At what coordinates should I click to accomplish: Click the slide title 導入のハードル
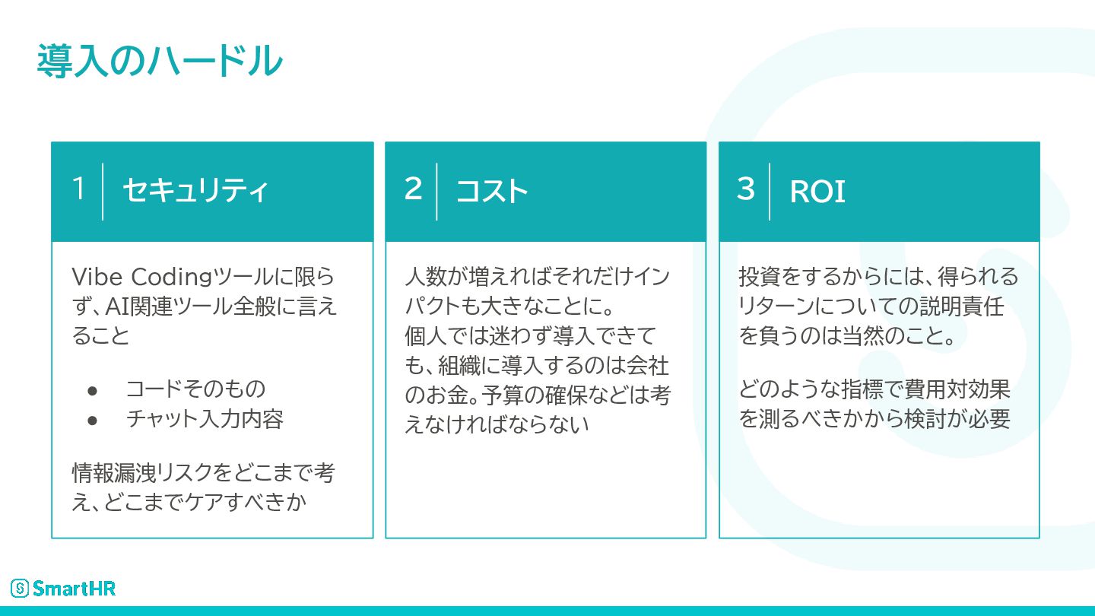pos(160,61)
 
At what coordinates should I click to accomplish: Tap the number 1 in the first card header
pos(78,189)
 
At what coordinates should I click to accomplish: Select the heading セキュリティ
pos(195,191)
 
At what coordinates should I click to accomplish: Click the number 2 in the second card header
pos(413,189)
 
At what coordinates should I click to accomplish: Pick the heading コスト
pos(492,191)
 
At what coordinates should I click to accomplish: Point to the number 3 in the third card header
pos(746,189)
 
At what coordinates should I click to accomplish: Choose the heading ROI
pos(817,192)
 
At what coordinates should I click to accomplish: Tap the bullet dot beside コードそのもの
pos(93,390)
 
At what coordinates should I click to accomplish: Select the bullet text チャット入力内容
pos(205,419)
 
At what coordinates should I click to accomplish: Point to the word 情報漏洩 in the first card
pos(113,473)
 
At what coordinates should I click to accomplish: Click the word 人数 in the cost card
pos(424,276)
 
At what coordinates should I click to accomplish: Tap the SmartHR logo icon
pos(20,588)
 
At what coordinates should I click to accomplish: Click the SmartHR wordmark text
pos(74,588)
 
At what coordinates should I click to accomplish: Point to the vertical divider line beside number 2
pos(436,191)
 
